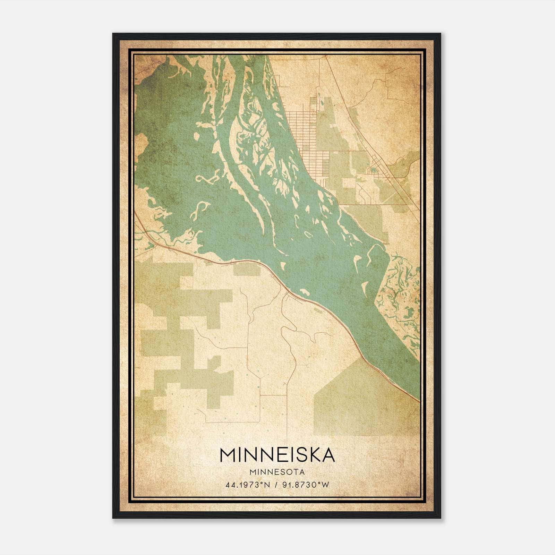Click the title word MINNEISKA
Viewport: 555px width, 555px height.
[x=277, y=455]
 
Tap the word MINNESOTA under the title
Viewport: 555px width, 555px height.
[x=277, y=472]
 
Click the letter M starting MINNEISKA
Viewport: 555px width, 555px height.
[x=228, y=455]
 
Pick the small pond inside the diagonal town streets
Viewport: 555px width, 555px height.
[x=373, y=170]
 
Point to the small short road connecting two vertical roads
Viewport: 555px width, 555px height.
[x=274, y=395]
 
